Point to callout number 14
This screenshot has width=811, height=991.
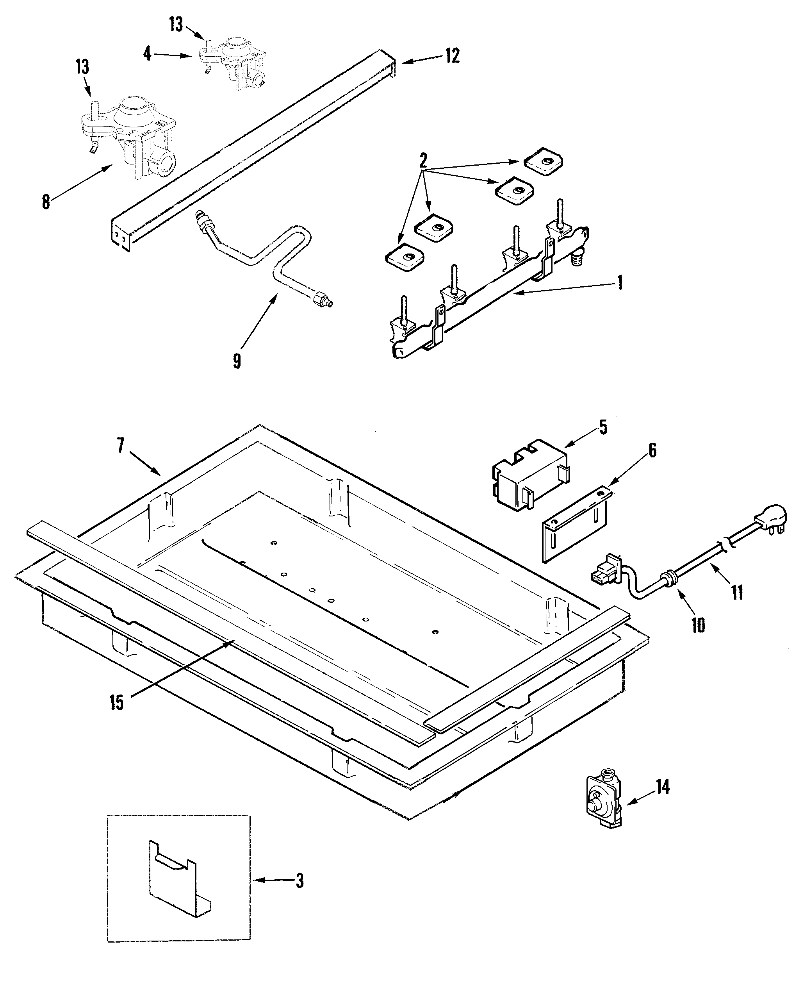click(662, 787)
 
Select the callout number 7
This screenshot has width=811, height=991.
click(121, 446)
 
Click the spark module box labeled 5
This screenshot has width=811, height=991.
click(530, 473)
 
